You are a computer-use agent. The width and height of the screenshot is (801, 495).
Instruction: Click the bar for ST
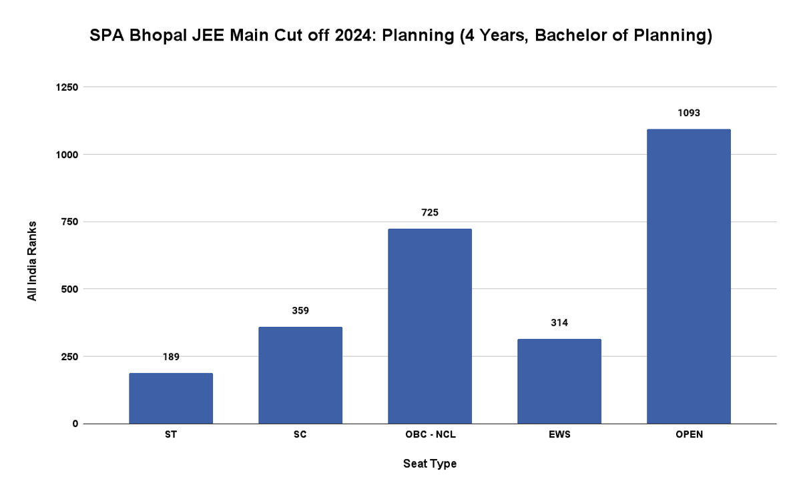pos(171,398)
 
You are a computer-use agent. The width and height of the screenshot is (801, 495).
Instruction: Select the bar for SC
pos(300,375)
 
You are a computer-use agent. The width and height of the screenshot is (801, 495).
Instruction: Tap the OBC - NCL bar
pos(430,326)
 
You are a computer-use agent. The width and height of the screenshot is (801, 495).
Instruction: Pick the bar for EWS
pos(559,381)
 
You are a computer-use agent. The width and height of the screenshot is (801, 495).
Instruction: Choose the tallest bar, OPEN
pos(689,276)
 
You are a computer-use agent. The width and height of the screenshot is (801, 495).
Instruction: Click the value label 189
pos(171,357)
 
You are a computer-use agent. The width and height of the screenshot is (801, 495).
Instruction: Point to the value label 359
pos(300,310)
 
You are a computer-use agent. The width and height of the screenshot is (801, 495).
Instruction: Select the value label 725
pos(430,213)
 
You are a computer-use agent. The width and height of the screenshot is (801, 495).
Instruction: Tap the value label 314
pos(559,323)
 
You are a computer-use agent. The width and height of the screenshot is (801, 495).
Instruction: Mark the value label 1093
pos(689,113)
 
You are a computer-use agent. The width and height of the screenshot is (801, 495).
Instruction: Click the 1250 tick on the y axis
pos(66,87)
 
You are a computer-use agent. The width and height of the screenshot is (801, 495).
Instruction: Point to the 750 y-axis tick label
pos(69,222)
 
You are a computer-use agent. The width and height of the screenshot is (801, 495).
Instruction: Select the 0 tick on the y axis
pos(75,424)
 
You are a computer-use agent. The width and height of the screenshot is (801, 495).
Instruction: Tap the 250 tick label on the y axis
pos(69,356)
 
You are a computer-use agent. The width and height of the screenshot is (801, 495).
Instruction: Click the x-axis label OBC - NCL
pos(430,435)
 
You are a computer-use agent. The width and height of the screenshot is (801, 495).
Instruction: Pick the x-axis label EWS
pos(559,435)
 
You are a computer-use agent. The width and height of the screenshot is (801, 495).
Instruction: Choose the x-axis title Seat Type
pos(430,464)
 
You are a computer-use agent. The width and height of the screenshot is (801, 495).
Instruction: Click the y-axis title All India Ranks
pos(32,260)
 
